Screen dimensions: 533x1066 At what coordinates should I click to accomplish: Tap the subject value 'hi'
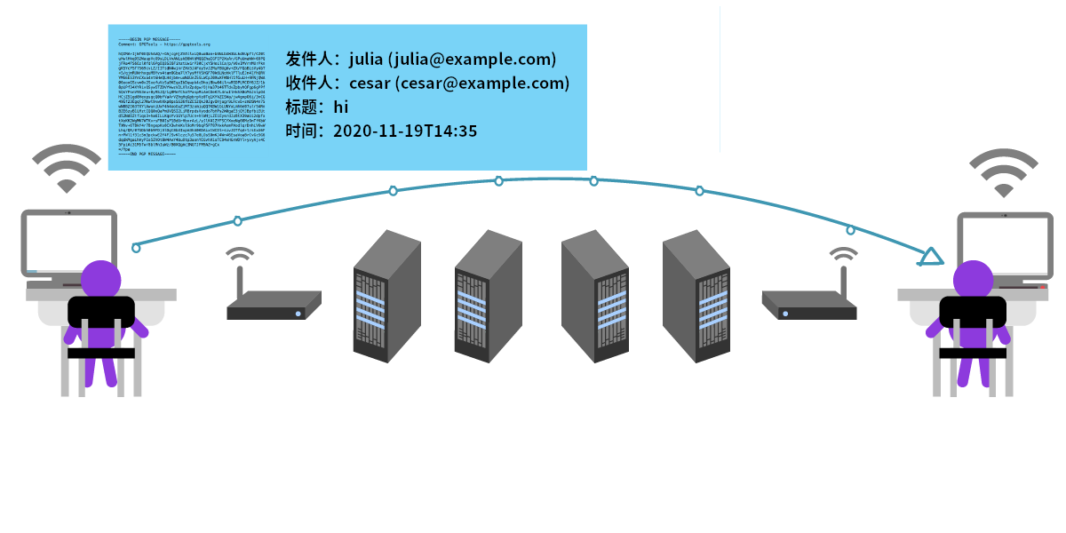(341, 107)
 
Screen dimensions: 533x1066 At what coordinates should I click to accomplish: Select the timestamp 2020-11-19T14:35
(405, 131)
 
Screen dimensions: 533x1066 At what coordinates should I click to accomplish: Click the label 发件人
(307, 60)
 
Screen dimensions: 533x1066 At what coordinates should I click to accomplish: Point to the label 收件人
(307, 84)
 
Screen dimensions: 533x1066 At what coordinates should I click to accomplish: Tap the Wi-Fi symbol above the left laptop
(67, 169)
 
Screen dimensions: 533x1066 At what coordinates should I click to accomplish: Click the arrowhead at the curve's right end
(930, 258)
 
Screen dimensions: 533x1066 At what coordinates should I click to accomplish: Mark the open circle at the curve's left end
(136, 248)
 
